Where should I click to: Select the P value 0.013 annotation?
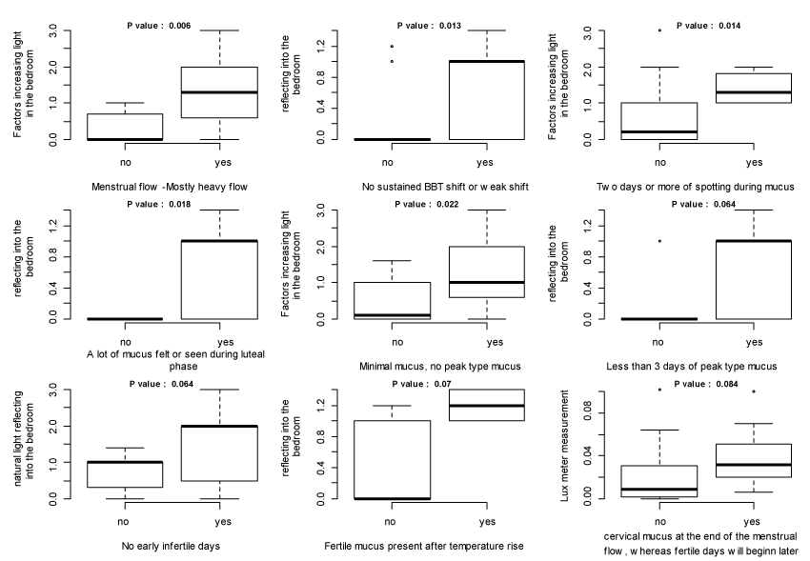(x=430, y=26)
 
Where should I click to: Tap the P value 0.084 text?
(x=706, y=384)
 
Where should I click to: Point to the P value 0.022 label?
(x=430, y=205)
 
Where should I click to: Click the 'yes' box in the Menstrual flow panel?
(x=220, y=92)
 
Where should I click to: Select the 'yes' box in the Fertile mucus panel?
(x=487, y=405)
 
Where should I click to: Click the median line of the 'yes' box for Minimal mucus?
(x=487, y=282)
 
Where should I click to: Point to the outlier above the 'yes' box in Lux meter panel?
(x=753, y=391)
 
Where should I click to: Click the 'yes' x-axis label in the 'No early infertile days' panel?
(x=220, y=522)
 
